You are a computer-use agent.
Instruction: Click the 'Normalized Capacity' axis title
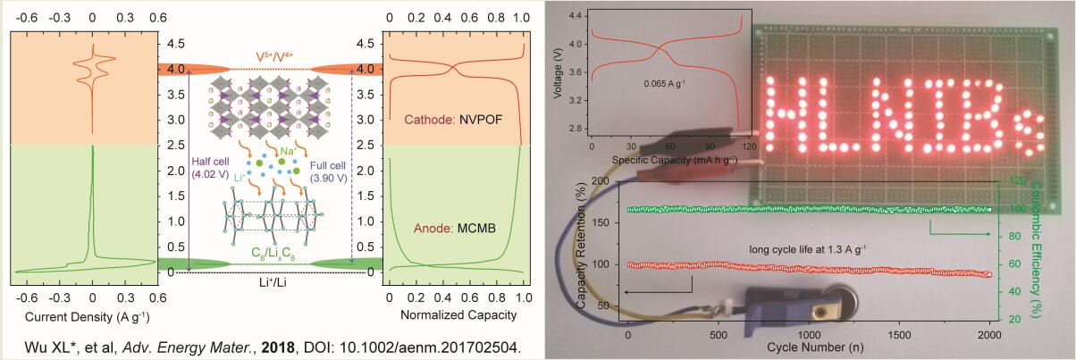pos(455,316)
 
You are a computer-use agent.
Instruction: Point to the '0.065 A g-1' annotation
pos(665,82)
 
